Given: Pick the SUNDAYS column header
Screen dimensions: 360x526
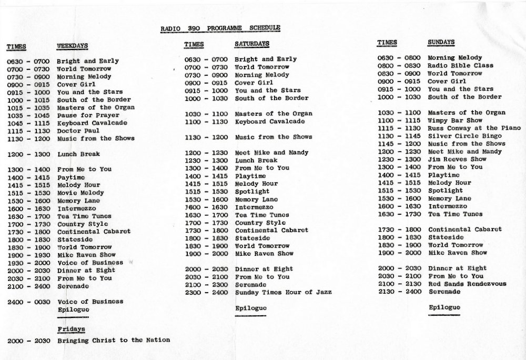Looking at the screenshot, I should point(441,42).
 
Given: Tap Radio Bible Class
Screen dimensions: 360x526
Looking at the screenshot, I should point(461,65).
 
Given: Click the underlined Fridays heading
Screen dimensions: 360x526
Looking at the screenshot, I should point(71,329).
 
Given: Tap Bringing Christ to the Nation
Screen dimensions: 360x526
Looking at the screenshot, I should point(114,340).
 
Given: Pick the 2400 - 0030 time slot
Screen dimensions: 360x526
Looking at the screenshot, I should point(29,302).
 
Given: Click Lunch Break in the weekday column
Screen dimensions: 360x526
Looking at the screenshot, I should point(79,154).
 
